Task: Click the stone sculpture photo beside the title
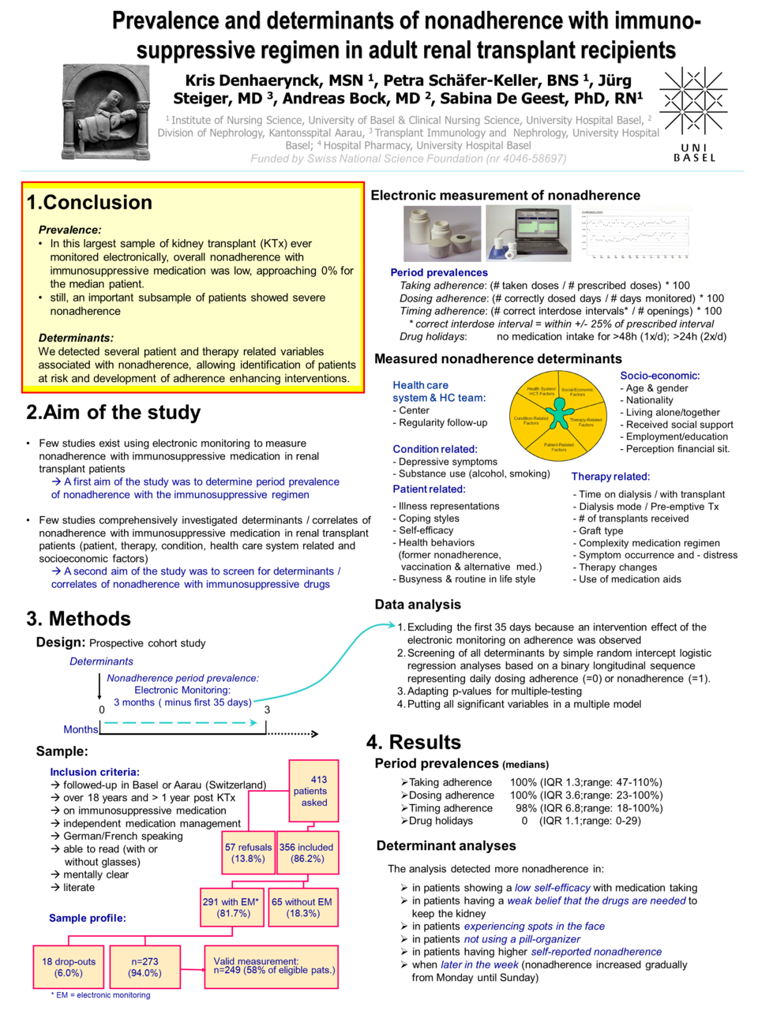tap(106, 112)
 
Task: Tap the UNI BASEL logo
tap(693, 114)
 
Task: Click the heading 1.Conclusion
tap(89, 202)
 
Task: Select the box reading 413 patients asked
tap(313, 791)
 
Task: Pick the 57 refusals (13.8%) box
tap(248, 852)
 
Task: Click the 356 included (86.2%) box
tap(306, 852)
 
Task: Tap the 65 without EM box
tap(302, 907)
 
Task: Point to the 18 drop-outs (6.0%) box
tap(69, 967)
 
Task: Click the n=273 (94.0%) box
tap(144, 967)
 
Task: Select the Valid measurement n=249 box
tap(271, 967)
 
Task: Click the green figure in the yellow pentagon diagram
tap(559, 412)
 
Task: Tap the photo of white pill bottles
tap(441, 234)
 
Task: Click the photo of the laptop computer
tap(528, 234)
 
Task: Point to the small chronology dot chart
tap(636, 234)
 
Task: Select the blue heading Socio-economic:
tap(659, 376)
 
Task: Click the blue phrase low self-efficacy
tap(552, 887)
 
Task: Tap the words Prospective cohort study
tap(147, 643)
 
